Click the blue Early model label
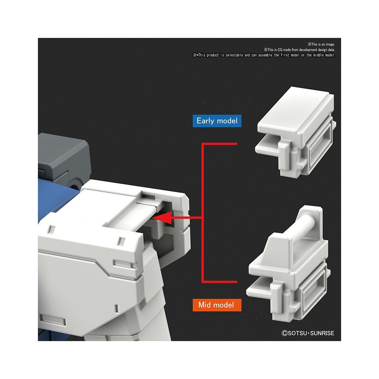click(217, 121)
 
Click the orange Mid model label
click(217, 305)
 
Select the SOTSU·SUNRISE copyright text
click(308, 333)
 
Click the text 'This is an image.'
click(321, 44)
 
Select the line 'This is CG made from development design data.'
click(299, 50)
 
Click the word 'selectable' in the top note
click(234, 55)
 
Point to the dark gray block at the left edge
click(63, 160)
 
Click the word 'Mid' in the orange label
click(204, 305)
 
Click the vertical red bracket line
click(202, 213)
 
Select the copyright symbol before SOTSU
click(285, 333)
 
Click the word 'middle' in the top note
click(318, 55)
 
